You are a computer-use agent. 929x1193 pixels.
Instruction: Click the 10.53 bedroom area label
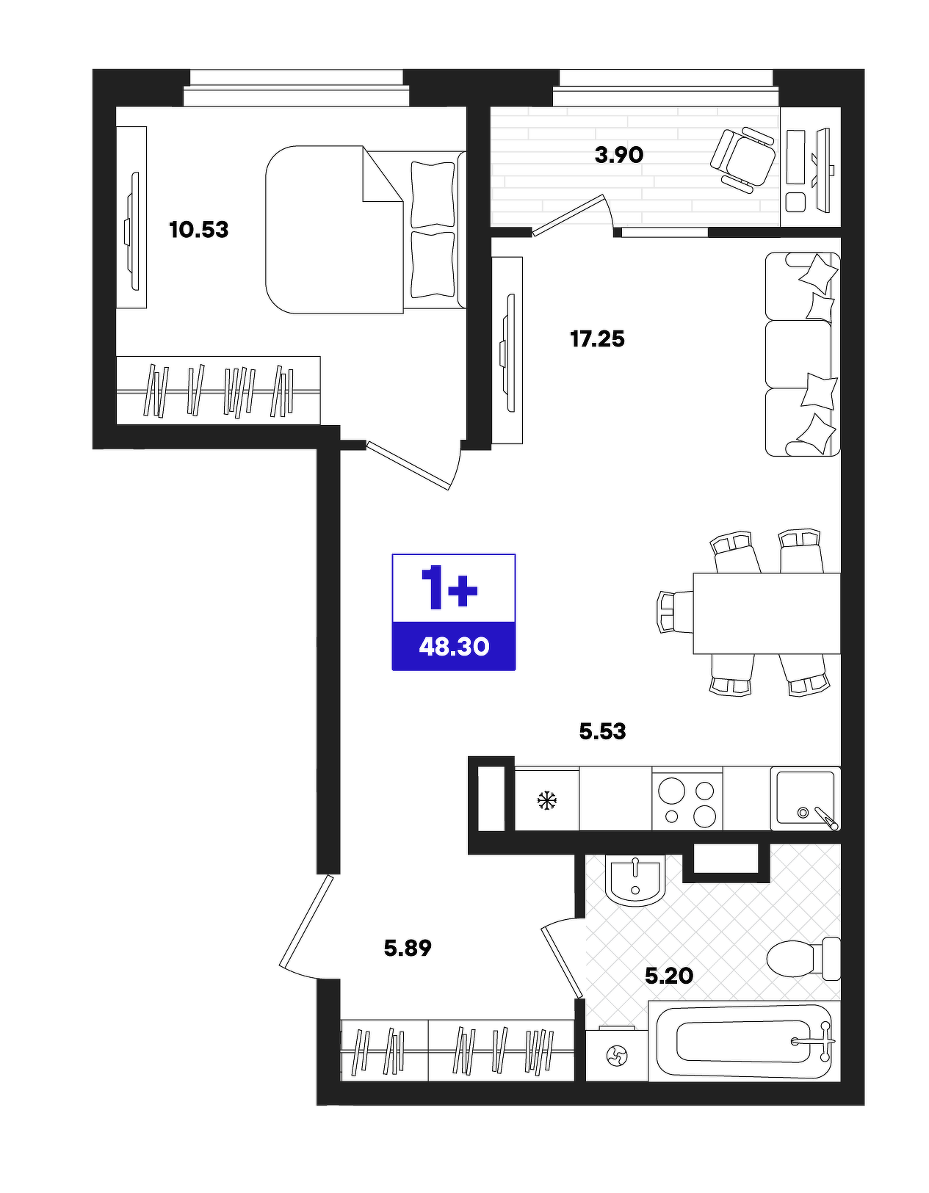[199, 230]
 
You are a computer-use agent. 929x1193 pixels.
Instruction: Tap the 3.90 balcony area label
[619, 156]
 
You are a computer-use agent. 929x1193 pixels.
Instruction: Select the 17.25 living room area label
[597, 339]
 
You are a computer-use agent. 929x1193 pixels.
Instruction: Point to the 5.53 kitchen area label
[602, 731]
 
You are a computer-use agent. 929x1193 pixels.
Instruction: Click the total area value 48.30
[454, 647]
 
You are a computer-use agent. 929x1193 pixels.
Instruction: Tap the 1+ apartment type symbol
[449, 589]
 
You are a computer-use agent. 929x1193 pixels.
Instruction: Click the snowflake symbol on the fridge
[547, 800]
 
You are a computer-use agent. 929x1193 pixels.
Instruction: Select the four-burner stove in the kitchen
[687, 801]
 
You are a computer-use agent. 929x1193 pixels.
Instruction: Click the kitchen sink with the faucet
[805, 799]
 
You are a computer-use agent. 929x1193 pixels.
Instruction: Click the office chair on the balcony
[743, 160]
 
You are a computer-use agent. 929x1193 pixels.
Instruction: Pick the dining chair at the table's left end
[676, 612]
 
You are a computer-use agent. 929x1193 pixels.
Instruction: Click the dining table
[767, 613]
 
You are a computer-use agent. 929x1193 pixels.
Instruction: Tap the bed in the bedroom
[366, 230]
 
